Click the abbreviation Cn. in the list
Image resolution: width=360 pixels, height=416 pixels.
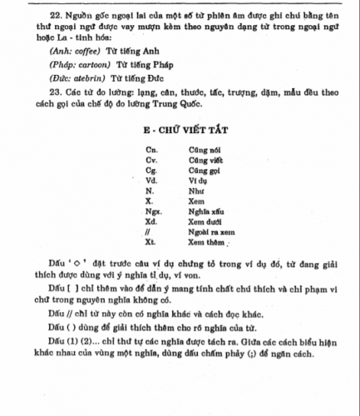pos(150,148)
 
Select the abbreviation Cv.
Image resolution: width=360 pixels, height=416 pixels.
pos(150,158)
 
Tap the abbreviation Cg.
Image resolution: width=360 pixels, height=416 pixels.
pos(150,169)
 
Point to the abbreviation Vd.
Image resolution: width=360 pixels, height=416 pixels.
pos(150,179)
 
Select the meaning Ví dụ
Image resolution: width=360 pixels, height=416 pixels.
pos(199,179)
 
